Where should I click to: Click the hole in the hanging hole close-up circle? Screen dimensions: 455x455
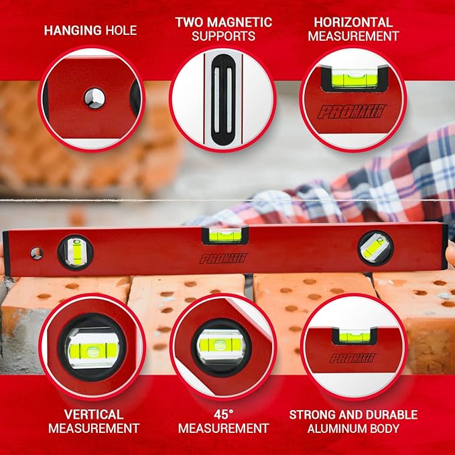point(94,99)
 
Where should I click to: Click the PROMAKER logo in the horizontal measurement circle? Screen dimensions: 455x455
point(349,111)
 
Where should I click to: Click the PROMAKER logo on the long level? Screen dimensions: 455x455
point(223,259)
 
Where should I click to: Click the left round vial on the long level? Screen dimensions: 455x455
point(75,252)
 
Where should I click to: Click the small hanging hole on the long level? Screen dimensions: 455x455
point(36,253)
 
